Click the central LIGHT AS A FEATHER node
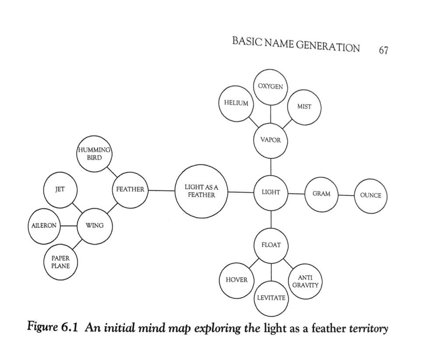(x=201, y=191)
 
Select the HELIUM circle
(x=236, y=103)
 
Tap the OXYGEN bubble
(x=270, y=87)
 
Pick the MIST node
(x=304, y=106)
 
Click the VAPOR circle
(x=270, y=140)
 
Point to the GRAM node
(x=321, y=194)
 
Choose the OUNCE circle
(x=371, y=196)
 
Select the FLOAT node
(x=271, y=245)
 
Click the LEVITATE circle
(x=271, y=298)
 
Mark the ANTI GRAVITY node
(x=305, y=282)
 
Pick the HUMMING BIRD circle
(x=94, y=154)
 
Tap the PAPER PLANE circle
(x=60, y=262)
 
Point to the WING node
(x=94, y=226)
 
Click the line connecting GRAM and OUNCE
(x=346, y=195)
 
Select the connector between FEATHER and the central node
(x=161, y=190)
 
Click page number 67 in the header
(x=383, y=50)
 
